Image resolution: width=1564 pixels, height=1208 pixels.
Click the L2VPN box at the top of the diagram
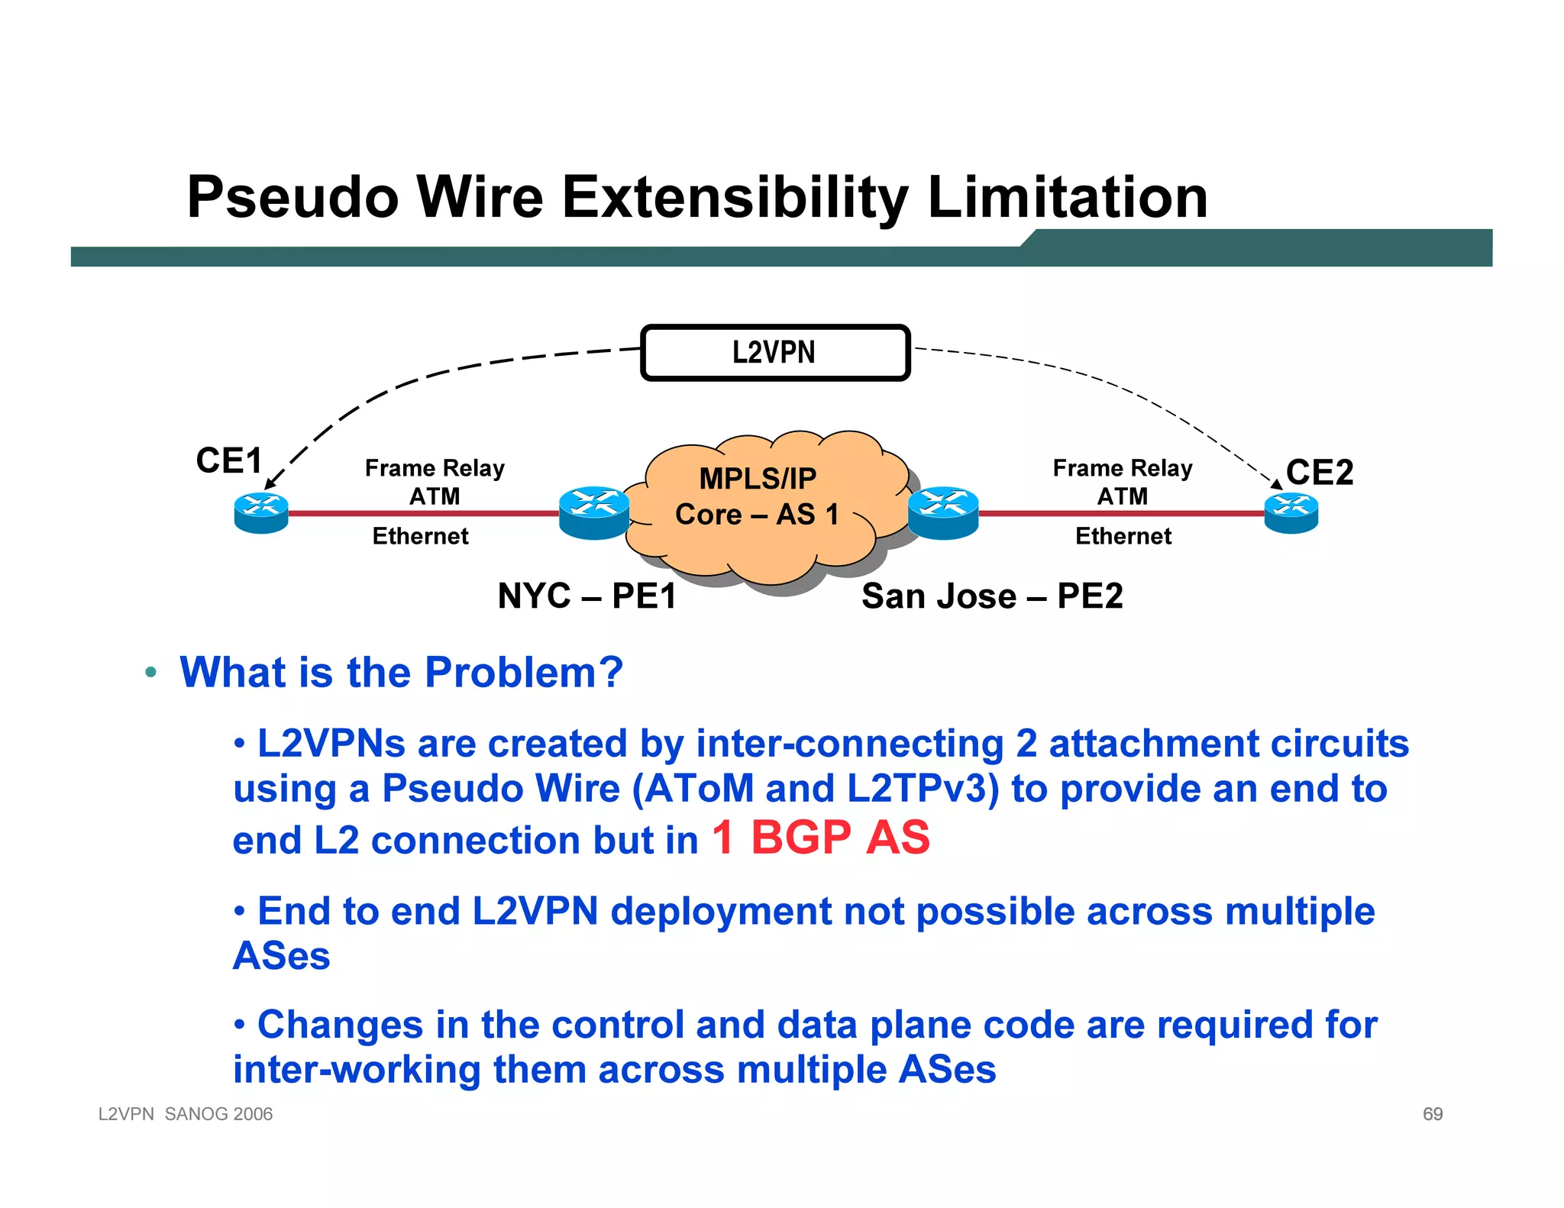coord(774,353)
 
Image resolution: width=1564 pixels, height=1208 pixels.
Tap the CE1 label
coord(229,460)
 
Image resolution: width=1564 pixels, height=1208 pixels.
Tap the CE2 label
coord(1319,472)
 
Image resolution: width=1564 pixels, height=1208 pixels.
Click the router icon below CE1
coord(261,513)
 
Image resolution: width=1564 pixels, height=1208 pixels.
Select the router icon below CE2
coord(1291,513)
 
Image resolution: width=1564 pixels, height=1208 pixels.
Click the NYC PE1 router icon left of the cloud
coord(594,512)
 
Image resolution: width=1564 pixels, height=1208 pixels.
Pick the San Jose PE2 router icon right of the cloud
coord(943,512)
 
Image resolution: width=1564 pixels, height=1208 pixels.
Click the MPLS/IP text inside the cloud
coord(758,479)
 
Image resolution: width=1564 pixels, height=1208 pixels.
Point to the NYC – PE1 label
coord(586,596)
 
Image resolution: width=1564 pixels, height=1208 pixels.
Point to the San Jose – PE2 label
coord(992,596)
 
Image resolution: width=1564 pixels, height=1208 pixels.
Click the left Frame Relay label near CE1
coord(435,467)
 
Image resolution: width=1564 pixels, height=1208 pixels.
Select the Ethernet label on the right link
coord(1123,536)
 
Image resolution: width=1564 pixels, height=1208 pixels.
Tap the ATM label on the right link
coord(1122,496)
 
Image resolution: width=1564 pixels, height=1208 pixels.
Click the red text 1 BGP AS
coord(821,837)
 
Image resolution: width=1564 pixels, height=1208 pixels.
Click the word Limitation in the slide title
coord(1067,197)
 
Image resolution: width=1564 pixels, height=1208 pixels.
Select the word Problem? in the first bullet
coord(524,673)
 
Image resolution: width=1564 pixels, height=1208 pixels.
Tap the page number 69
coord(1432,1114)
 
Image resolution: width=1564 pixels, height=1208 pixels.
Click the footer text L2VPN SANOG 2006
coord(186,1114)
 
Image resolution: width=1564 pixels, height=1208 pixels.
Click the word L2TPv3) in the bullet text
coord(923,789)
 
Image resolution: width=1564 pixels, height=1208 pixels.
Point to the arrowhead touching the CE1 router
coord(269,484)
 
